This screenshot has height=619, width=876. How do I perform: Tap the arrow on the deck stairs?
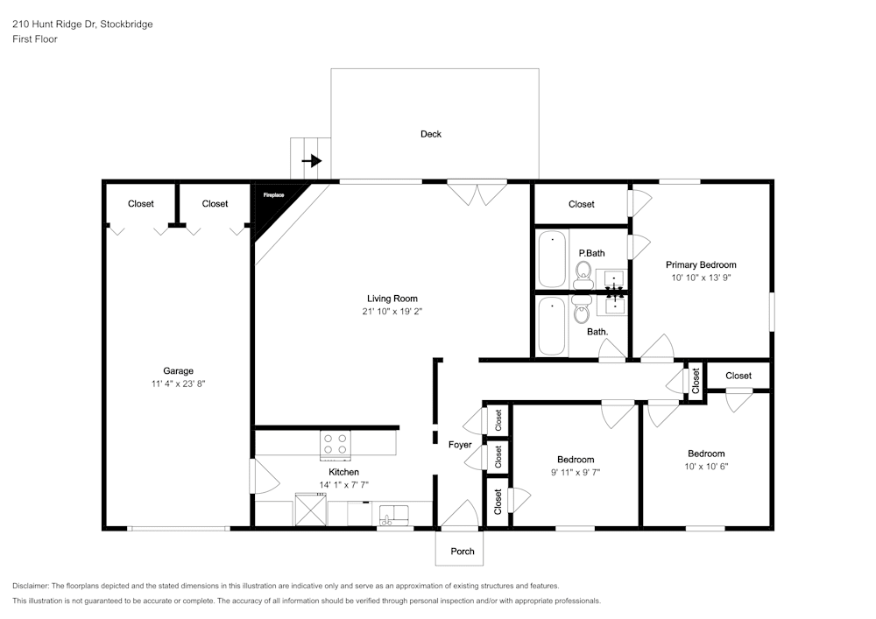pyautogui.click(x=312, y=161)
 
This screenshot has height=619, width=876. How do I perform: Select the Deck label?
pyautogui.click(x=431, y=134)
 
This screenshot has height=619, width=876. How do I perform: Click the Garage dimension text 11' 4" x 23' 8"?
pyautogui.click(x=178, y=383)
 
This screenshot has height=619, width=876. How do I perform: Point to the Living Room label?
pyautogui.click(x=392, y=299)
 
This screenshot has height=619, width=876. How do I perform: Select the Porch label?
pyautogui.click(x=463, y=551)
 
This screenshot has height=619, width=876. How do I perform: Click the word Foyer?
pyautogui.click(x=460, y=445)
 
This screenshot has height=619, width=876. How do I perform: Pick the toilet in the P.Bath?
pyautogui.click(x=583, y=278)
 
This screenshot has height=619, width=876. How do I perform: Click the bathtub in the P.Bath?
pyautogui.click(x=552, y=258)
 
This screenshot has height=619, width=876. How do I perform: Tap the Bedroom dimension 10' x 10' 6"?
pyautogui.click(x=706, y=467)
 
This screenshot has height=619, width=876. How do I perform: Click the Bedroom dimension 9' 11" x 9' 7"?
pyautogui.click(x=576, y=472)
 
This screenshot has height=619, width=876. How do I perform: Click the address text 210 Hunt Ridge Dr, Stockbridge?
pyautogui.click(x=82, y=25)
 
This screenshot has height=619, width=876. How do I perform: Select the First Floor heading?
pyautogui.click(x=35, y=39)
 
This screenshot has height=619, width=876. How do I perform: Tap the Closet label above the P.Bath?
pyautogui.click(x=582, y=204)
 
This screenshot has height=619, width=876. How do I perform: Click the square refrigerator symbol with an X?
pyautogui.click(x=309, y=509)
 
